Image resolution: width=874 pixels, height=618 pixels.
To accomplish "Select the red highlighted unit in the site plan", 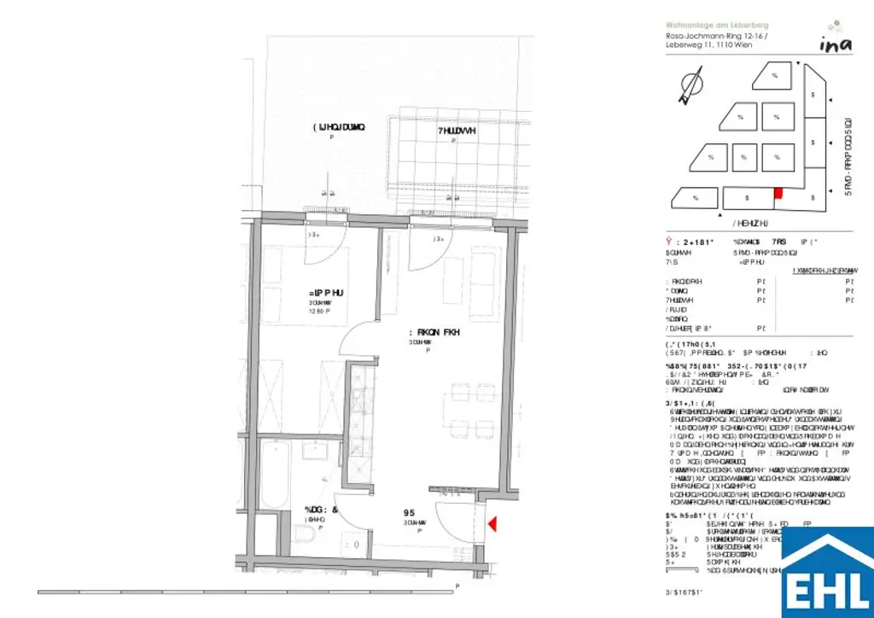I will coord(777,194).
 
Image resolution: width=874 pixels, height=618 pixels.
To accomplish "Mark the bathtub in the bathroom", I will coord(276,475).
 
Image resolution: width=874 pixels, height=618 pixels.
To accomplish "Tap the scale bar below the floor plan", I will coord(248,590).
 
